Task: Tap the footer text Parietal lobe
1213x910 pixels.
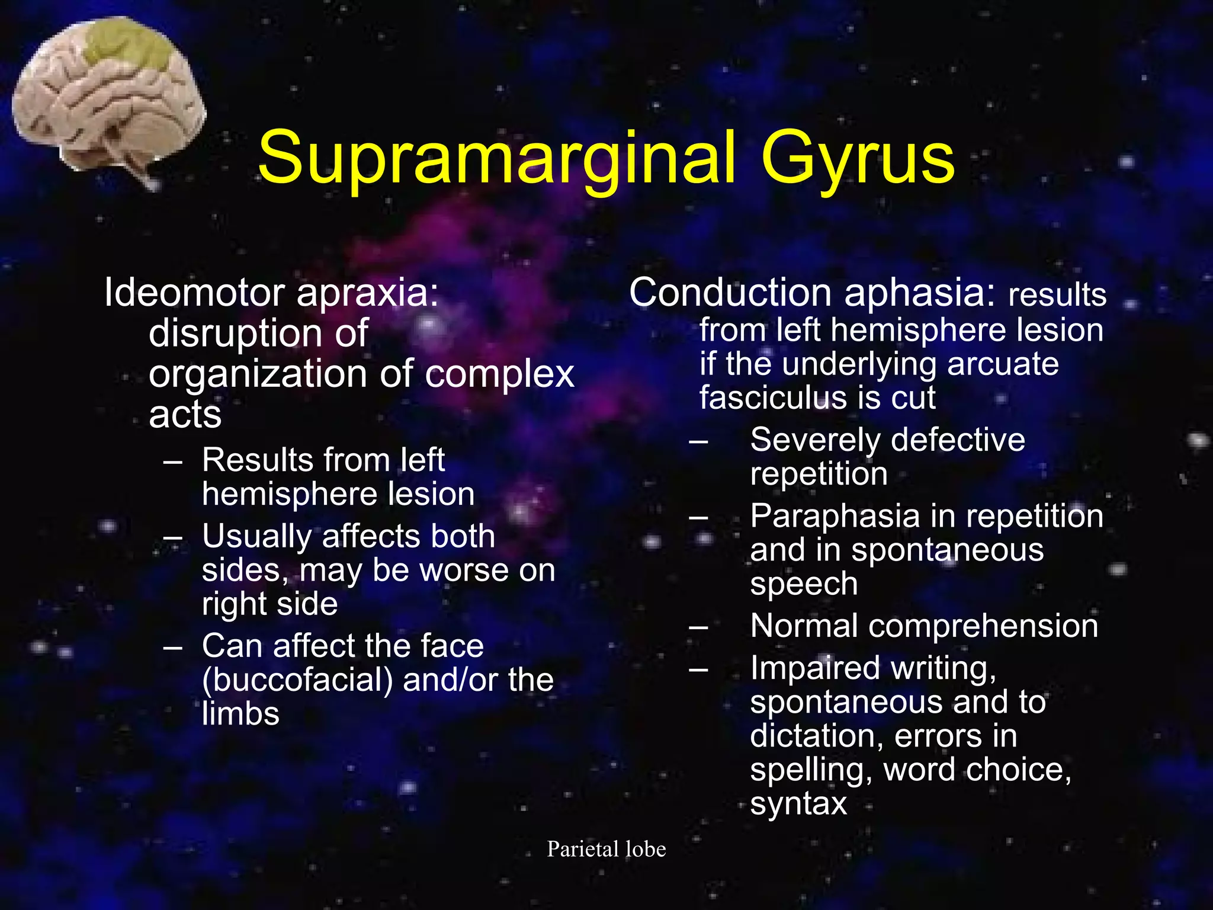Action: pyautogui.click(x=606, y=849)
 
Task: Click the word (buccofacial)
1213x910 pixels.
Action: pyautogui.click(x=297, y=680)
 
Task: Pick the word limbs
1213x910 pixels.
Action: pyautogui.click(x=240, y=713)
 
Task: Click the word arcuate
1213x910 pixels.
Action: pyautogui.click(x=1002, y=363)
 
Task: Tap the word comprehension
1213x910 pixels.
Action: pyautogui.click(x=983, y=626)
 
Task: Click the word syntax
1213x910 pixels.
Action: pyautogui.click(x=798, y=804)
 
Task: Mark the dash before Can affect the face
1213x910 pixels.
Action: pyautogui.click(x=173, y=646)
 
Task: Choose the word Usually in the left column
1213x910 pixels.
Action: pyautogui.click(x=257, y=536)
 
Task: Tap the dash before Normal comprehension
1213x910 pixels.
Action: pyautogui.click(x=699, y=626)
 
